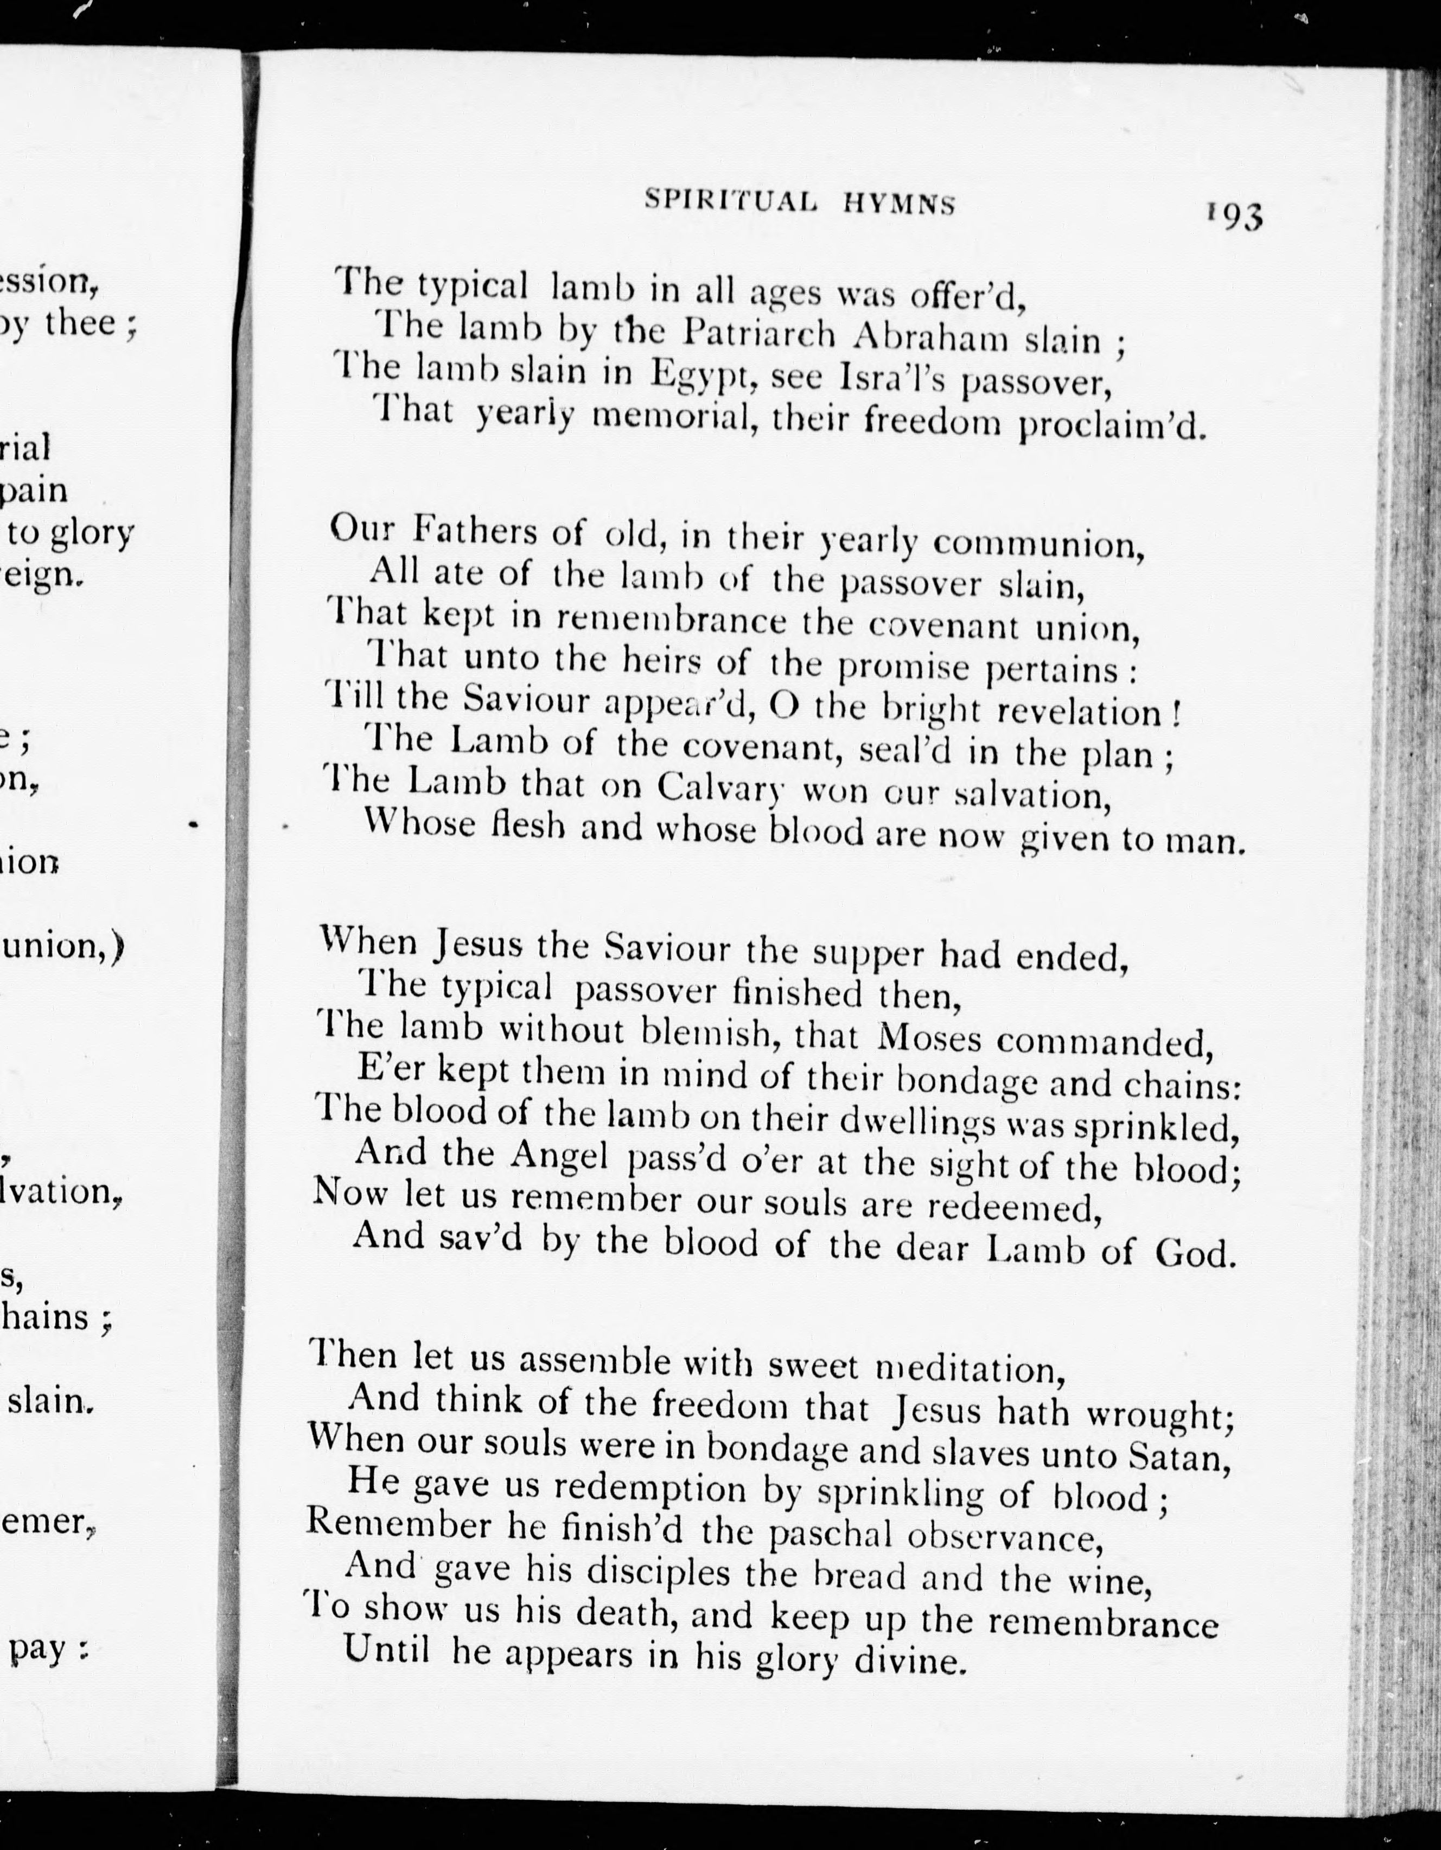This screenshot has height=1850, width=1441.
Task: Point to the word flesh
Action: click(529, 825)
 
